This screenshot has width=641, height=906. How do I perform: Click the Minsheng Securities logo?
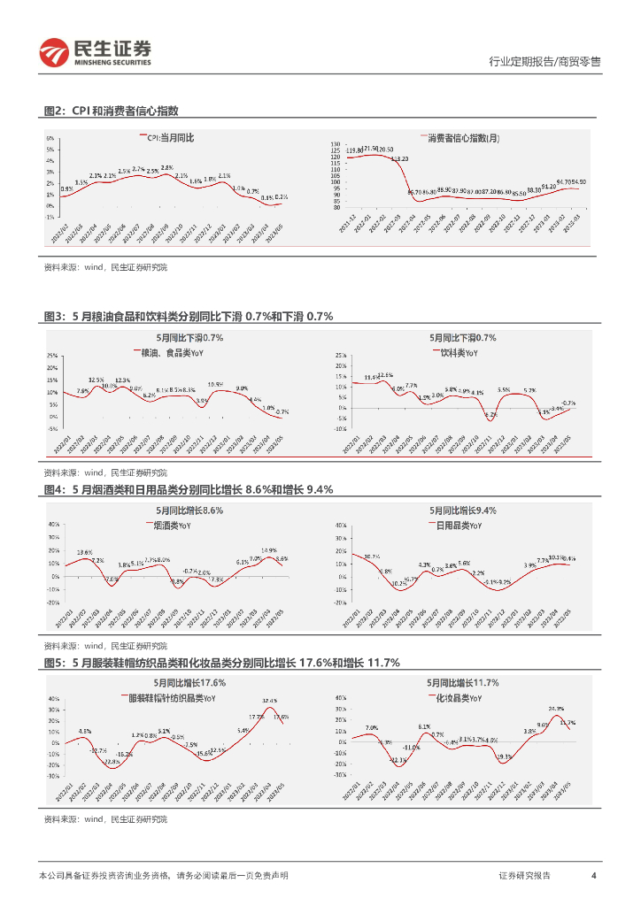tap(96, 53)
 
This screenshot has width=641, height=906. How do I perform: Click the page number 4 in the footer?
tap(593, 875)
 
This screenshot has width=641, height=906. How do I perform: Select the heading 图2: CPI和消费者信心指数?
tap(112, 111)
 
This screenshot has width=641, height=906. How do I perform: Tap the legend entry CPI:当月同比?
tap(170, 139)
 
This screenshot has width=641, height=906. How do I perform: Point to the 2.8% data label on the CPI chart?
tap(166, 167)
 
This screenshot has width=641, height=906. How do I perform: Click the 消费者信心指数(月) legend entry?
tap(462, 138)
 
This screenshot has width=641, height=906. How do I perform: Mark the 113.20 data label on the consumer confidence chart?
tap(400, 158)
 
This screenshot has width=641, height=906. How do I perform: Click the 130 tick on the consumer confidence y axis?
tap(336, 142)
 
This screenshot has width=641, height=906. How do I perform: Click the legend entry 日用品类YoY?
tap(459, 525)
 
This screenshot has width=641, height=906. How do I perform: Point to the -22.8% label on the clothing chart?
tap(112, 762)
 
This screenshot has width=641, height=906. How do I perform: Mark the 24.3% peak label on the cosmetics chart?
tap(556, 709)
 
